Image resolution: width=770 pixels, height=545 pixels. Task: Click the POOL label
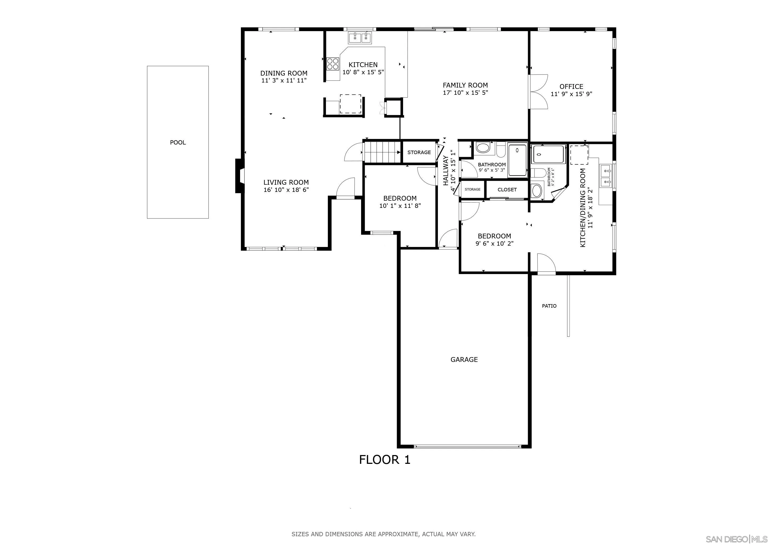(x=178, y=142)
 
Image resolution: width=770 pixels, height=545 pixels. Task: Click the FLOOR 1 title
(x=385, y=459)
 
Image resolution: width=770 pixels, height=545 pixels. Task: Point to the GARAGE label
(x=464, y=360)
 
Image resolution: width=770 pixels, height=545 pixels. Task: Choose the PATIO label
(x=549, y=306)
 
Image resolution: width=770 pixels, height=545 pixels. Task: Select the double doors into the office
(x=538, y=91)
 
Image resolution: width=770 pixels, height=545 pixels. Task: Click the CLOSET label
(x=507, y=190)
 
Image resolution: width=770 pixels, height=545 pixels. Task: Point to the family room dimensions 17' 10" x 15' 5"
(x=465, y=93)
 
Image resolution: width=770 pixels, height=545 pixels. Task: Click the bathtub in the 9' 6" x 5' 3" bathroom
(x=517, y=160)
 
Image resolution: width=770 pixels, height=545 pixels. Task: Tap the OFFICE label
(x=571, y=86)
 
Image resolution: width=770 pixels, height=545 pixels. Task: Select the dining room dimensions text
(x=284, y=81)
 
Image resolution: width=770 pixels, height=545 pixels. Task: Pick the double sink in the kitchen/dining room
(x=606, y=176)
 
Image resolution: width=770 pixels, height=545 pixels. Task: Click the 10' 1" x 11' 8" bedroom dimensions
(x=400, y=206)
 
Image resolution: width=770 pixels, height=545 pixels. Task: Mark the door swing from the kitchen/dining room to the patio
(x=546, y=264)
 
